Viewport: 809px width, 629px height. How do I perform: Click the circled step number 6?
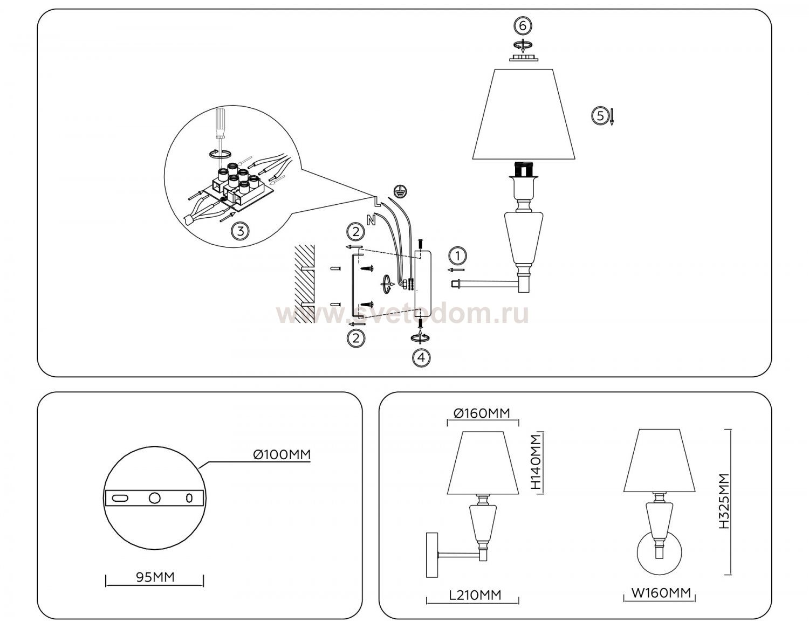[522, 26]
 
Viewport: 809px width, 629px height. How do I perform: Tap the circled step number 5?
[600, 116]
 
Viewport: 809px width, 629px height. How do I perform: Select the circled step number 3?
[240, 231]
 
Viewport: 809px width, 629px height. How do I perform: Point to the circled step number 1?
[457, 256]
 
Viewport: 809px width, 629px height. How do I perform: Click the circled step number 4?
[421, 357]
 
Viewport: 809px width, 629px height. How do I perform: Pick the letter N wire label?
[371, 220]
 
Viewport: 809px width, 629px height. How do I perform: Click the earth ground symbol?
[400, 191]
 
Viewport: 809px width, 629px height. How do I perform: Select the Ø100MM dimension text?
[282, 454]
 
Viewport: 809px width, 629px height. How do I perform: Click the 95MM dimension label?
[155, 577]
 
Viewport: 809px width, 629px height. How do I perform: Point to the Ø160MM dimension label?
[482, 413]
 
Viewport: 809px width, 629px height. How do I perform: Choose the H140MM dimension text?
[536, 462]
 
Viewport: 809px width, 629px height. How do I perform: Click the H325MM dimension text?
[724, 501]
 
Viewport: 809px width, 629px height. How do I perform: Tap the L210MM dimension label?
[475, 595]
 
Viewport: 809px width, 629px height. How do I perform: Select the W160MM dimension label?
[661, 593]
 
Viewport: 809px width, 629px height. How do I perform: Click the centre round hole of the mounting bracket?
[154, 498]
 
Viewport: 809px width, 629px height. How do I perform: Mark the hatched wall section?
[305, 284]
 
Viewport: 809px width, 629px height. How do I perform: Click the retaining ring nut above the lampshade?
[523, 58]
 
